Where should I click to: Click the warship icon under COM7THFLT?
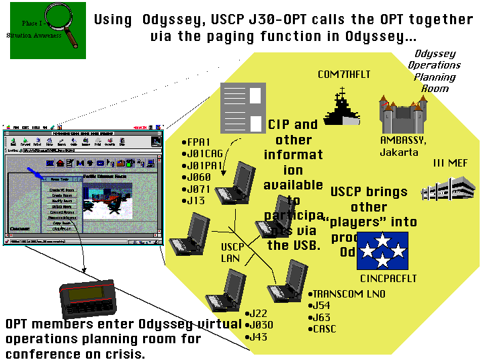[343, 107]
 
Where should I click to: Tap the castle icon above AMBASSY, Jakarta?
[402, 114]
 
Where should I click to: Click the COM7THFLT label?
[344, 75]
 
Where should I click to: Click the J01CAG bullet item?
[205, 154]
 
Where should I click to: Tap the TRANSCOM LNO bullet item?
[342, 294]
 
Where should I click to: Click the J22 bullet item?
[259, 314]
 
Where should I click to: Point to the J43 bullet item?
[259, 336]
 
